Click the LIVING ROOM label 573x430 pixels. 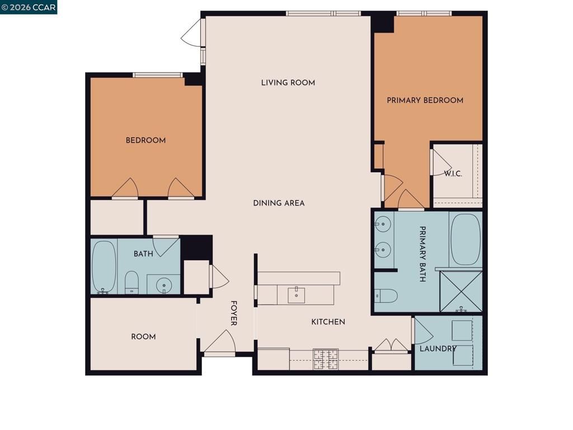[288, 83]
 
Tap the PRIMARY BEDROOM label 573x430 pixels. [425, 100]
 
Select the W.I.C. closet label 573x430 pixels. [453, 174]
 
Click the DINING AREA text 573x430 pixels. [279, 203]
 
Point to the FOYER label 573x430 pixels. [234, 313]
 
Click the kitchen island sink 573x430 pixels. [296, 294]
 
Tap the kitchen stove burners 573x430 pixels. [325, 359]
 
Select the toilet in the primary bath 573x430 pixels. [386, 295]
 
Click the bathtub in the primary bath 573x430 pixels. [465, 239]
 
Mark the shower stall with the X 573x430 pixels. [461, 291]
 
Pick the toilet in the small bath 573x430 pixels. [131, 282]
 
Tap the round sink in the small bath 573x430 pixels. [164, 284]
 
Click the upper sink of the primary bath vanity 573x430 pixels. [383, 225]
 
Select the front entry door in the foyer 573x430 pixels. [220, 344]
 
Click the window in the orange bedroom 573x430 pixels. [158, 74]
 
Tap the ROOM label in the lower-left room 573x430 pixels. [143, 336]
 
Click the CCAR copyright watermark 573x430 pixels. [29, 7]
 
